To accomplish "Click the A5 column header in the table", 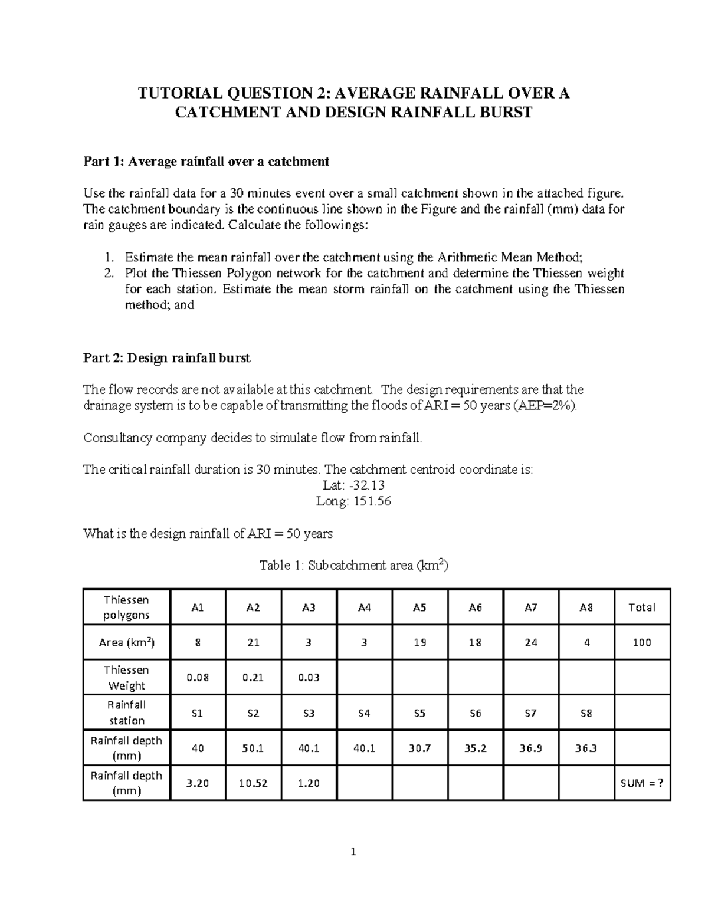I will click(419, 608).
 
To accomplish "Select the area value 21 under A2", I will click(253, 642).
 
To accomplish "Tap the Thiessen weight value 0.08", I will click(197, 678).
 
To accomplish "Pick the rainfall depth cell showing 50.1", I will click(253, 748).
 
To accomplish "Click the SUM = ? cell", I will click(642, 783).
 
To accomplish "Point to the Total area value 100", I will click(642, 642).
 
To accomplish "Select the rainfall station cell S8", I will click(586, 713).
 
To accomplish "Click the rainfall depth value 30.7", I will click(419, 748).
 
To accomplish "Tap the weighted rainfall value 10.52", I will click(253, 783).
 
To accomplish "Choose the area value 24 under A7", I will click(531, 642).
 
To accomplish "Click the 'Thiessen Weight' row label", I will click(126, 678).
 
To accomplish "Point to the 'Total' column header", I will click(642, 608).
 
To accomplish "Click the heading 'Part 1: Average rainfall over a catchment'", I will click(206, 162).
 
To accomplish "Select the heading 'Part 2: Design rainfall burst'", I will click(167, 358).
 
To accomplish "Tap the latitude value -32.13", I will click(354, 485).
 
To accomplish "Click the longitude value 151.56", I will click(354, 501).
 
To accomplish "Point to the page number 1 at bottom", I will click(353, 852).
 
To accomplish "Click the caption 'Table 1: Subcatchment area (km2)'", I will click(354, 566).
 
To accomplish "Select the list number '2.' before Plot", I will click(108, 274).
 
